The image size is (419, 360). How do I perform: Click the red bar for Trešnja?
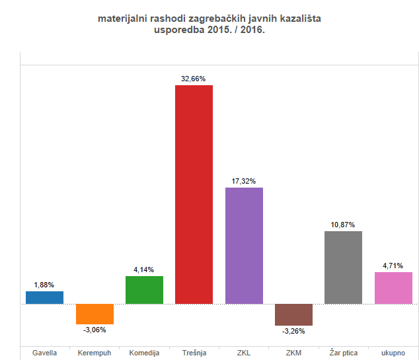[x=194, y=194]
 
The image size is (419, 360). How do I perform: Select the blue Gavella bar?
[x=44, y=297]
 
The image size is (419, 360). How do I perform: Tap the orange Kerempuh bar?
[x=95, y=314]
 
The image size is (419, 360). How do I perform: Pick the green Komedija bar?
[x=144, y=290]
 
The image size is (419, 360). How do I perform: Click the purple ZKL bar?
[x=244, y=246]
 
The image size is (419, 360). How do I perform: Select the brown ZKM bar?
[x=293, y=314]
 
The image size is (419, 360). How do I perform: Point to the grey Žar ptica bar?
[x=343, y=268]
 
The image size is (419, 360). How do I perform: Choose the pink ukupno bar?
[x=393, y=288]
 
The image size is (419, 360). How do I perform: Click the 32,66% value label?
[x=194, y=79]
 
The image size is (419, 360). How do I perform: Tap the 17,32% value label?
[x=244, y=181]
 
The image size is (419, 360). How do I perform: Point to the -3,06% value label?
[x=95, y=330]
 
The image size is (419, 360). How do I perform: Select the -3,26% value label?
[x=293, y=332]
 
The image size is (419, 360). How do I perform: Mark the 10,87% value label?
[x=343, y=225]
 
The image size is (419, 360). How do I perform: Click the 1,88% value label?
[x=44, y=285]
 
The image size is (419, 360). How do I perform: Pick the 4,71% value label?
[x=393, y=266]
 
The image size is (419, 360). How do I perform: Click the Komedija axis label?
[x=144, y=353]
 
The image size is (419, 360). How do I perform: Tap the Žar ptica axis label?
[x=343, y=353]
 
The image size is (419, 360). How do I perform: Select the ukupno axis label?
[x=393, y=353]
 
